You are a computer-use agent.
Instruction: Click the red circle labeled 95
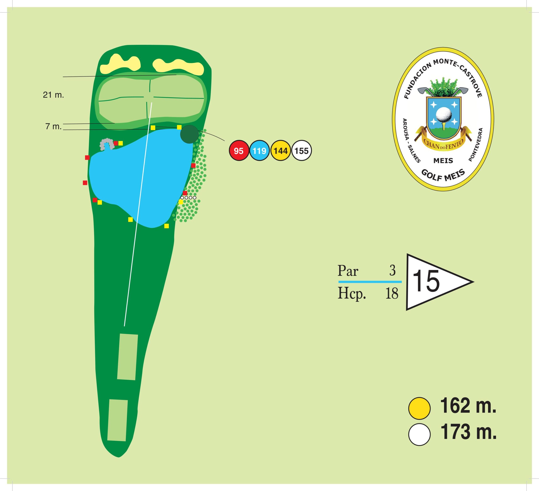click(239, 151)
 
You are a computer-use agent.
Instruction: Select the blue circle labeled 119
click(259, 151)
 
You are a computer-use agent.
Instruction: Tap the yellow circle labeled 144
click(280, 151)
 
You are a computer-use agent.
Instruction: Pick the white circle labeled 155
click(302, 151)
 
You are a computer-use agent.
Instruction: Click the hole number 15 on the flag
click(426, 281)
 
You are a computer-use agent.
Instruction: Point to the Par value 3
click(392, 271)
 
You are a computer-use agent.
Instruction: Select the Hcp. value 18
click(392, 294)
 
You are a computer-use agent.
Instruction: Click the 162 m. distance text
click(468, 405)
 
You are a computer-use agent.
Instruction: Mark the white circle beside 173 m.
click(419, 434)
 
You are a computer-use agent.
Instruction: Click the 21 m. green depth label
click(53, 95)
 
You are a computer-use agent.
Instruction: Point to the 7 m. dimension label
click(53, 127)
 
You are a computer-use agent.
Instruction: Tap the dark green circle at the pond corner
click(189, 134)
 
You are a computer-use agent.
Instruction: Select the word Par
click(348, 271)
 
